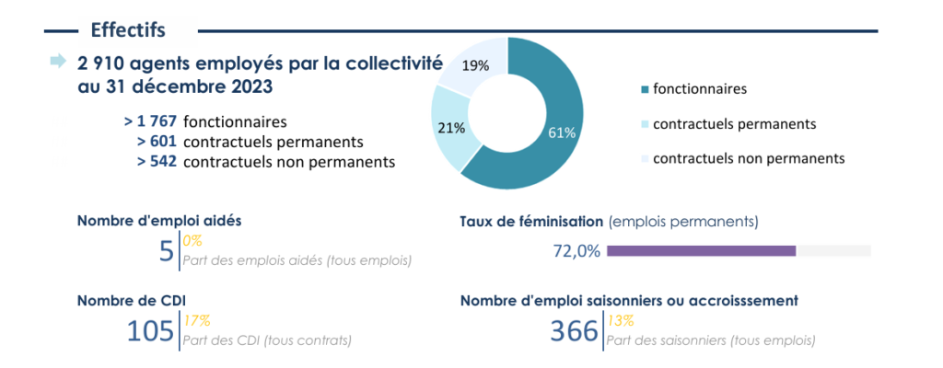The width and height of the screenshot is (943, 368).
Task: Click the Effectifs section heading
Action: [128, 29]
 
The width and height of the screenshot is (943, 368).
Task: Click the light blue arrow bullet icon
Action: [58, 62]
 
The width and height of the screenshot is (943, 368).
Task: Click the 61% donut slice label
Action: [562, 132]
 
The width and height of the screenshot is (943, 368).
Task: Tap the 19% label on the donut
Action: [475, 65]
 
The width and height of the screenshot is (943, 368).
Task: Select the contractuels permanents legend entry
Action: [728, 123]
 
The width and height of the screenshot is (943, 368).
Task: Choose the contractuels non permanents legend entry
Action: [741, 158]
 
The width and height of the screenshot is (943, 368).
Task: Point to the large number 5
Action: [167, 251]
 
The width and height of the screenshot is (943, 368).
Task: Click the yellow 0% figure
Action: [192, 241]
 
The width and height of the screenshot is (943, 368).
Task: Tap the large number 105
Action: [151, 330]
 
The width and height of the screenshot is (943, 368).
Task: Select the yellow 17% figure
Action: [196, 321]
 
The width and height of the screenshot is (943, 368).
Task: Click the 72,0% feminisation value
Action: [576, 250]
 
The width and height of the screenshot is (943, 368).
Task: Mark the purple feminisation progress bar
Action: [701, 250]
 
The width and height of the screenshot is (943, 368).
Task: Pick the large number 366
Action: [574, 330]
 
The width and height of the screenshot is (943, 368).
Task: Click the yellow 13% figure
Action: [619, 321]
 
